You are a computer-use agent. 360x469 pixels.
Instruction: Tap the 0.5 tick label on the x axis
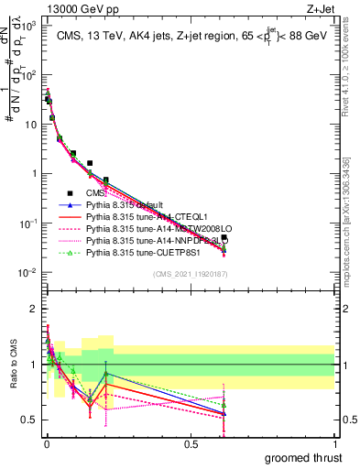(191, 444)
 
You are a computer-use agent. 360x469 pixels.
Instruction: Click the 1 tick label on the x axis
(334, 444)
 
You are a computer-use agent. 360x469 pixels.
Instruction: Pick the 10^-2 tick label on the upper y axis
(27, 273)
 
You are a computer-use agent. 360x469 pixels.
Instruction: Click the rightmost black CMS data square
(224, 237)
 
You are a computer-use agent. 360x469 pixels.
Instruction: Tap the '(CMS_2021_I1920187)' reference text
(191, 274)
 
